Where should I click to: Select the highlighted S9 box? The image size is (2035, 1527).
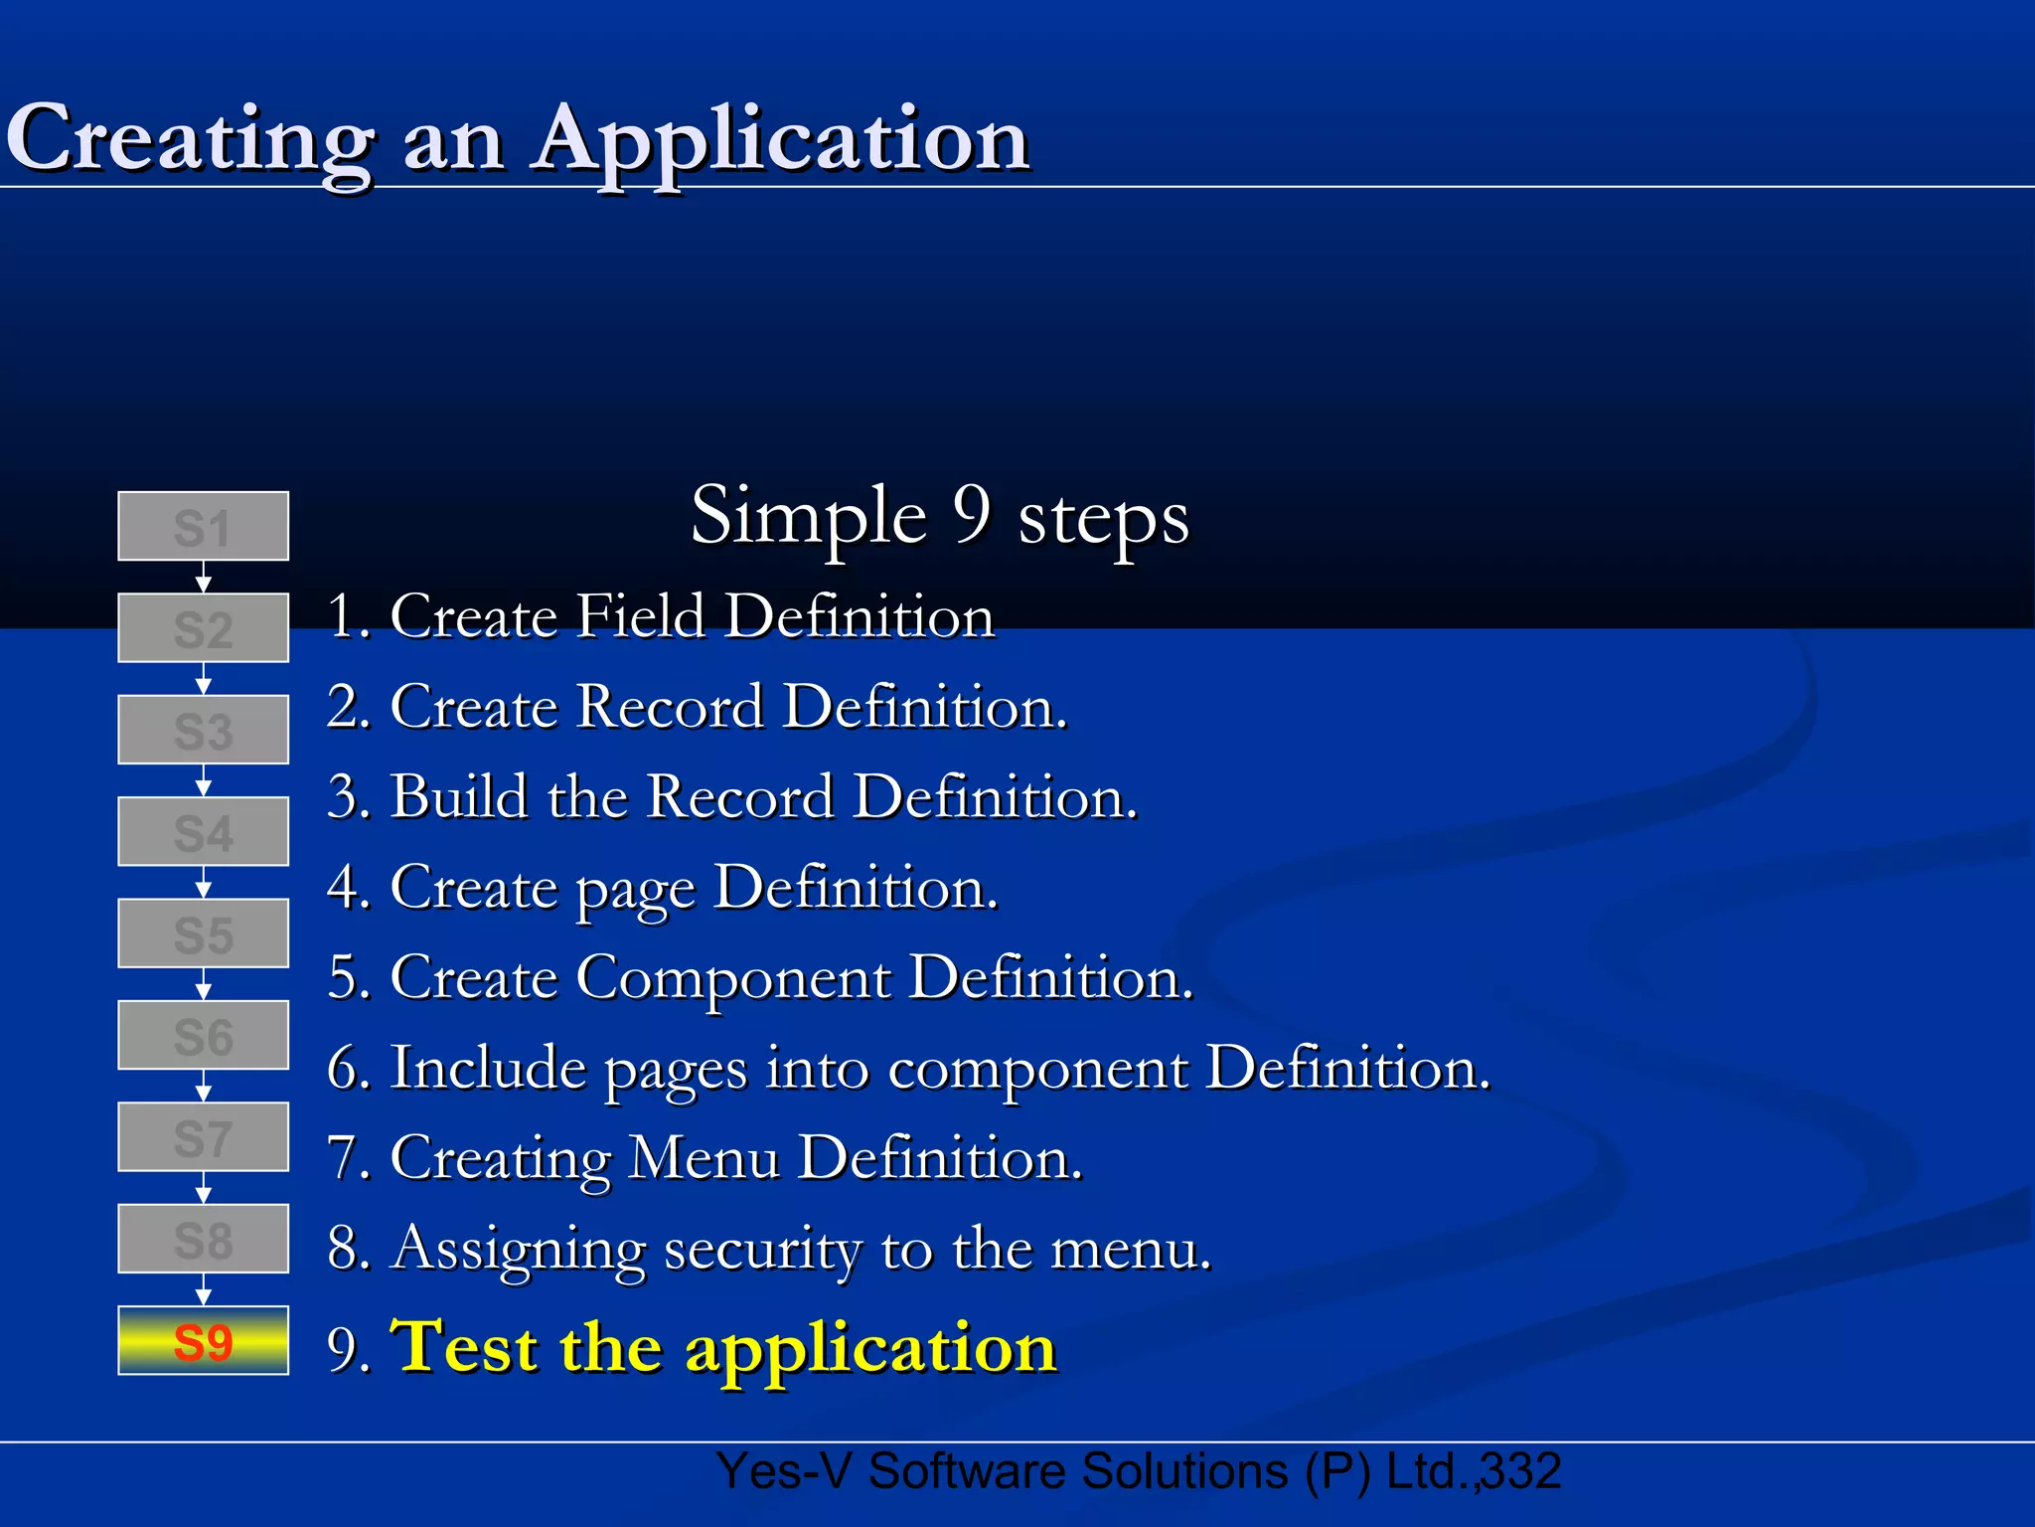[204, 1341]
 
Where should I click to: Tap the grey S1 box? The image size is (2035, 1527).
[204, 527]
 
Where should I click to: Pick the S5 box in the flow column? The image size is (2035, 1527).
[204, 933]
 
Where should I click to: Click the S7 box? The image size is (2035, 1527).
[204, 1137]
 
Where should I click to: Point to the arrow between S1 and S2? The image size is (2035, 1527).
[204, 578]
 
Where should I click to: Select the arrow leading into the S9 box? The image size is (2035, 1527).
[204, 1289]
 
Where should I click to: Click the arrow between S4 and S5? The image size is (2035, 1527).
[204, 883]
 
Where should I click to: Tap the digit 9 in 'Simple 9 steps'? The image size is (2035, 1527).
[972, 515]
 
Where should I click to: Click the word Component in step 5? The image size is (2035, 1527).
[733, 977]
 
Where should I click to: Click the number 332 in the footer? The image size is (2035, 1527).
[1519, 1471]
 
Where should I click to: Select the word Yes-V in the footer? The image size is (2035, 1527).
[784, 1471]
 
